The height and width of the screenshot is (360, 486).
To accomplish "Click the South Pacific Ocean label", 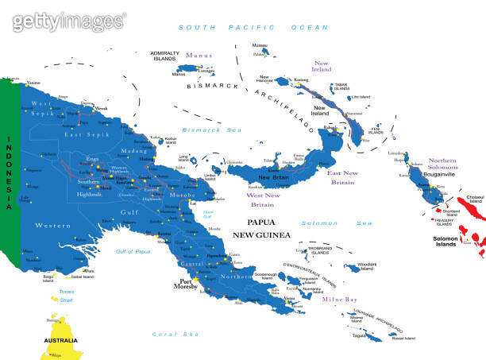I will tap(253, 28).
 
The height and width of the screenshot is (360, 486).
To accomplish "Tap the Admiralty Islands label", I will tap(164, 56).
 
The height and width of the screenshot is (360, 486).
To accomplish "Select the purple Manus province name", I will tap(199, 55).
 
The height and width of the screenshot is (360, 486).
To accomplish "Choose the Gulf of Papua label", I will tap(133, 251).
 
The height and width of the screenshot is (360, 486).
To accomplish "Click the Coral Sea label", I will tap(175, 334).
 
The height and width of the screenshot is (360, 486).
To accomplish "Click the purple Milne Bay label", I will tap(337, 299).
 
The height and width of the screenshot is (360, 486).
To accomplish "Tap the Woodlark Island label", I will tap(367, 266).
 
